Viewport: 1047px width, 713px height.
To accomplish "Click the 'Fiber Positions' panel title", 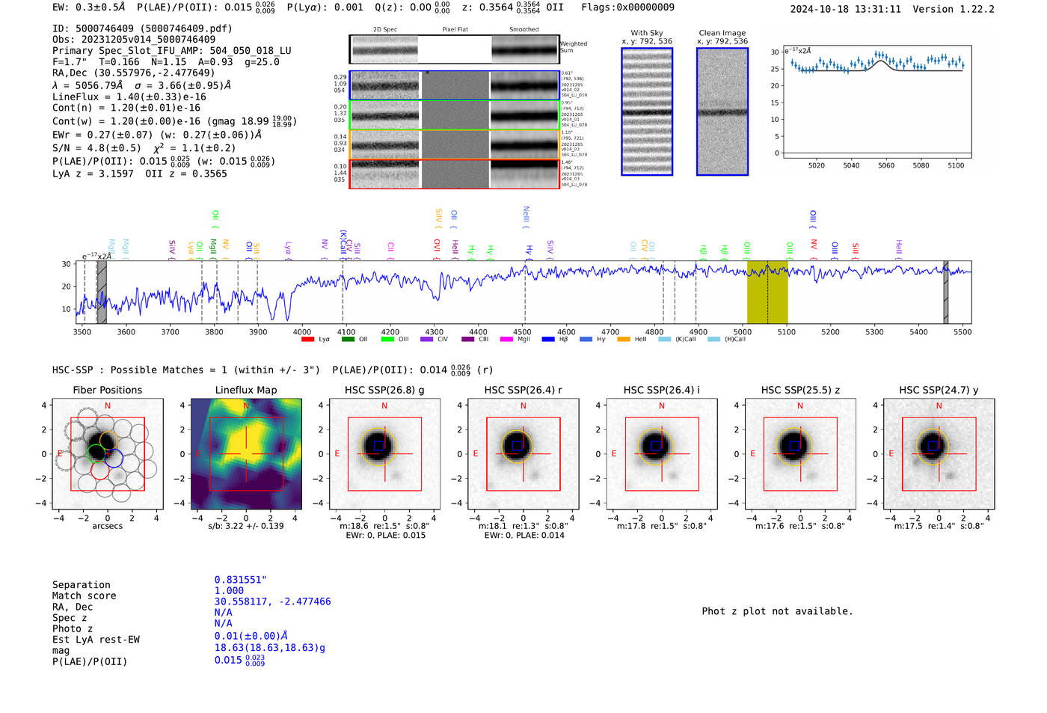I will tap(107, 390).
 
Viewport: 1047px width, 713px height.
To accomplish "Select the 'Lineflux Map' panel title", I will tap(245, 390).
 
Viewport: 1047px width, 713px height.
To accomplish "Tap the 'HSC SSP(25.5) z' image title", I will tap(800, 390).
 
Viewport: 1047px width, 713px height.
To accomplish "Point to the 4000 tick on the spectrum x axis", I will tap(302, 332).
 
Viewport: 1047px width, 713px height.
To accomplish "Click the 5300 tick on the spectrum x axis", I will tap(874, 332).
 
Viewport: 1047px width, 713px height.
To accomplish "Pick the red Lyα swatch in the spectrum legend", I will tap(307, 340).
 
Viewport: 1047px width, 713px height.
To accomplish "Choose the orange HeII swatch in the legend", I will tap(623, 340).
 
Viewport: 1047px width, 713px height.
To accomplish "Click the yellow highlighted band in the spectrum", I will tap(767, 292).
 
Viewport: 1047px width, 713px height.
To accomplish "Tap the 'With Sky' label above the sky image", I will tap(646, 33).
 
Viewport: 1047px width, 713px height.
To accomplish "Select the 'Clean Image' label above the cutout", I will tap(722, 33).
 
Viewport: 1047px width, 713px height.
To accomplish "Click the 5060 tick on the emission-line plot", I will tap(886, 165).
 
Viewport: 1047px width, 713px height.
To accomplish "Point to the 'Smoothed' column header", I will tap(523, 29).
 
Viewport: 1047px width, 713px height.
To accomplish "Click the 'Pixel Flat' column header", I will tap(455, 29).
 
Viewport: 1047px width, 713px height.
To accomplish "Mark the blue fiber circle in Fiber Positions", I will tap(114, 458).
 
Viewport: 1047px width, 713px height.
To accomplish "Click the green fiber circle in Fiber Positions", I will tap(96, 453).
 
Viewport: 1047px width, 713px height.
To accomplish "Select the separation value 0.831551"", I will tap(240, 580).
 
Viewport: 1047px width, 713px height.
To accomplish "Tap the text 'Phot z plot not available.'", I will tap(777, 611).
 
